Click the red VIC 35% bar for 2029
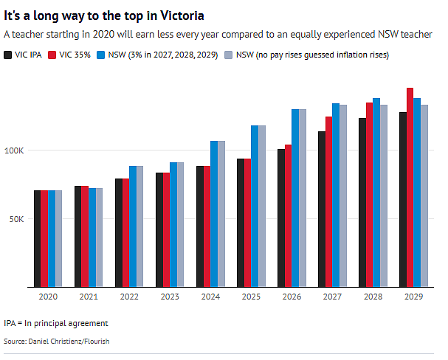point(410,187)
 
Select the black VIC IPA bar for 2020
point(38,239)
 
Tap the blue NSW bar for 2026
point(295,198)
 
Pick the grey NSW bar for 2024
point(221,214)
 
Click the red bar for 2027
point(329,202)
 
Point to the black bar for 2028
point(362,202)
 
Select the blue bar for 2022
point(133,226)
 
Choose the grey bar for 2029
point(424,195)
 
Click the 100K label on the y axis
point(14,150)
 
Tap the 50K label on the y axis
point(16,219)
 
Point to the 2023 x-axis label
point(170,297)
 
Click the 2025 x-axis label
point(251,297)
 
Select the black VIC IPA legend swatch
point(7,55)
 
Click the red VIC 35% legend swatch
point(52,55)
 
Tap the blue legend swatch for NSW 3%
point(101,55)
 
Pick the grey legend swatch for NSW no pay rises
point(229,55)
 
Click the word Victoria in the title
point(182,15)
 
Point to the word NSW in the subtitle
point(388,34)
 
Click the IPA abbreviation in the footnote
point(10,323)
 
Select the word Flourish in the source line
point(97,342)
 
